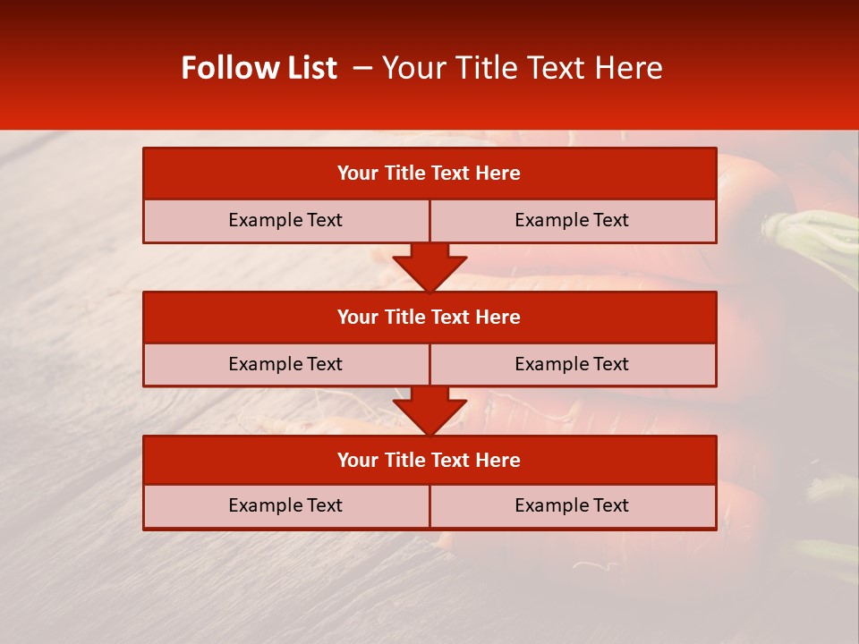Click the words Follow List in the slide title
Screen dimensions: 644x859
pyautogui.click(x=259, y=68)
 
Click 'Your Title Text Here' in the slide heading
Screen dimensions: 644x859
pyautogui.click(x=522, y=68)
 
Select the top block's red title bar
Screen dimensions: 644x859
pyautogui.click(x=429, y=174)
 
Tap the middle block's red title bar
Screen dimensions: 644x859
pyautogui.click(x=429, y=317)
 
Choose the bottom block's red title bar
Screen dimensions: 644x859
pyautogui.click(x=429, y=460)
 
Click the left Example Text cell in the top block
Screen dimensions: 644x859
pyautogui.click(x=285, y=220)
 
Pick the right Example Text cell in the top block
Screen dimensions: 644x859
pyautogui.click(x=572, y=220)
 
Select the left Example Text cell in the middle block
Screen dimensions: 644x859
pyautogui.click(x=285, y=364)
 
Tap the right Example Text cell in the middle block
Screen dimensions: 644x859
pyautogui.click(x=572, y=364)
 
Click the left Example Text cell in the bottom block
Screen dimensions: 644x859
pyautogui.click(x=285, y=505)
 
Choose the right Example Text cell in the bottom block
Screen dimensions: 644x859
pyautogui.click(x=572, y=505)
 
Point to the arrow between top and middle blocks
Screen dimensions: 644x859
pyautogui.click(x=429, y=267)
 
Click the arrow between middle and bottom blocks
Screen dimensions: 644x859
pyautogui.click(x=429, y=410)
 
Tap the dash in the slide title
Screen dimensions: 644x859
pyautogui.click(x=362, y=68)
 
